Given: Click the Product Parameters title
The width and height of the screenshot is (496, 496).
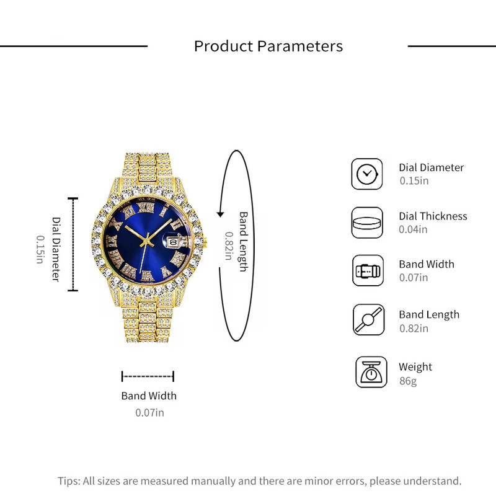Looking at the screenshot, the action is (268, 46).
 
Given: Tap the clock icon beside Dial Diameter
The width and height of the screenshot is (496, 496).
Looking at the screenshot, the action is (367, 174).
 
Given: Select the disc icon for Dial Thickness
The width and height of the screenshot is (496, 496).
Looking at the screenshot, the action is (367, 223).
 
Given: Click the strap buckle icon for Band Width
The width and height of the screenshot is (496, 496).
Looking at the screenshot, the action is (368, 271).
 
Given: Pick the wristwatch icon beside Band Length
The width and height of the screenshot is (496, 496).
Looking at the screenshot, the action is (369, 319).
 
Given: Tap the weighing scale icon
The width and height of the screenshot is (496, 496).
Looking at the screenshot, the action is (371, 372).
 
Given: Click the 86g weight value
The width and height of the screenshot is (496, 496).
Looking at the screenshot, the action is (408, 381).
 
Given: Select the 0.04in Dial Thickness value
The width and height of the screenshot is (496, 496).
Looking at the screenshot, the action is (413, 229).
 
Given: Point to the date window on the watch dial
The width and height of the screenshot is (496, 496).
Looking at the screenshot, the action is (174, 242).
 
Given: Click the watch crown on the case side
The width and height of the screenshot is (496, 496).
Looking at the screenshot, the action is (205, 243).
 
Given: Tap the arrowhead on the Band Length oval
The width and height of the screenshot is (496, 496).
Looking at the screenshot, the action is (220, 214).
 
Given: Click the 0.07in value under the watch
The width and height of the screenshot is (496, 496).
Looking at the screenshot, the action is (149, 412).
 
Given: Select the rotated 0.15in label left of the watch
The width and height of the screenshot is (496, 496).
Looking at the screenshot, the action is (40, 249).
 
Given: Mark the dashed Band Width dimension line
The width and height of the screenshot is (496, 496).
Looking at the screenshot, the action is (148, 376).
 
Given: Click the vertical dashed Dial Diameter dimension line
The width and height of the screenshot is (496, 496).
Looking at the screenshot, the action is (73, 244).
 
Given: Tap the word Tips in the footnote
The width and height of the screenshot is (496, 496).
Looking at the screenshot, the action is (69, 481).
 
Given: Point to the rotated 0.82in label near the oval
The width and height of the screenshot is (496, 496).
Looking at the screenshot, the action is (229, 246).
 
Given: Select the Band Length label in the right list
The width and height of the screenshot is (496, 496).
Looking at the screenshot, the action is (429, 314).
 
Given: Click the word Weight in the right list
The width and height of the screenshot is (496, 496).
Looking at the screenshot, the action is (415, 367).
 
